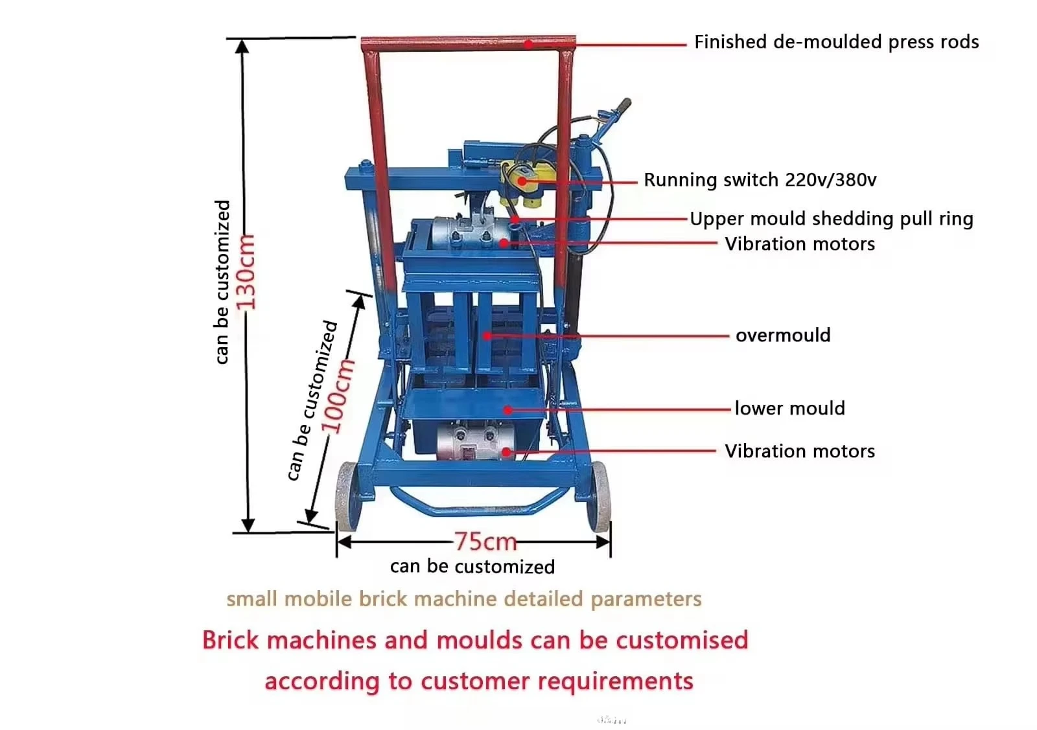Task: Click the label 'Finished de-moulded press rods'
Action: point(836,42)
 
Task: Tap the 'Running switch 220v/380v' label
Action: point(760,180)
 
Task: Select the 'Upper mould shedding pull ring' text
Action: point(832,219)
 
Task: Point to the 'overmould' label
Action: point(783,336)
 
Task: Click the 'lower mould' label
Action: point(790,409)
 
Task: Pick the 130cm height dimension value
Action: point(246,272)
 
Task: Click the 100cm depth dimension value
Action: point(338,396)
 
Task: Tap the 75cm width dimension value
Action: point(485,542)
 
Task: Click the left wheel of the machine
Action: point(348,496)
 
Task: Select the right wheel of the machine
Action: point(599,496)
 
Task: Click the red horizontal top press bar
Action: point(468,43)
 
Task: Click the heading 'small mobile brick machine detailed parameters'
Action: point(464,599)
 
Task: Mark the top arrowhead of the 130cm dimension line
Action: point(242,46)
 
